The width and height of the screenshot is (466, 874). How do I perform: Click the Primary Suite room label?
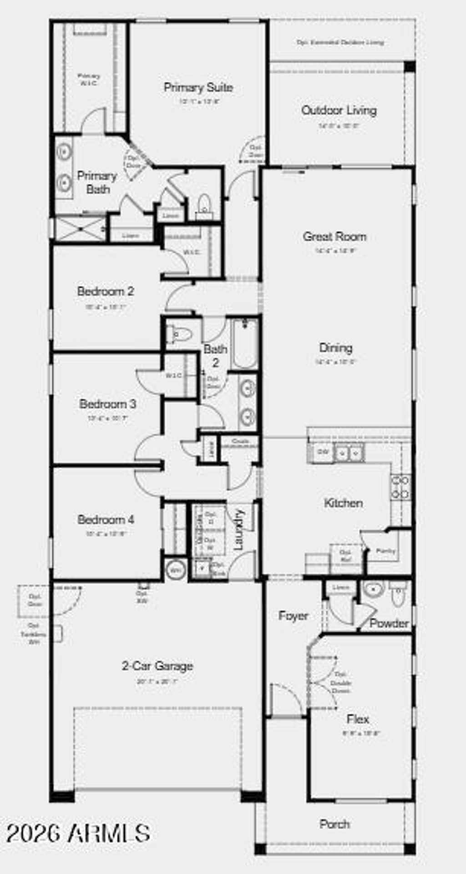198,87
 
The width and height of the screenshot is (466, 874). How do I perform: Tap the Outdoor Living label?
339,111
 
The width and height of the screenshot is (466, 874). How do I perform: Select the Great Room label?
334,237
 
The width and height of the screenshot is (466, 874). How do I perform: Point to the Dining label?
336,348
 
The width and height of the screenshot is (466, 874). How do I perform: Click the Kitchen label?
343,503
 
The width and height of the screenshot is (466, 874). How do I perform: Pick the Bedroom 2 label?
106,292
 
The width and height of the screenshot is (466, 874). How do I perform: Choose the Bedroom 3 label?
107,404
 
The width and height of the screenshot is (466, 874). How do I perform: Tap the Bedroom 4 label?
106,520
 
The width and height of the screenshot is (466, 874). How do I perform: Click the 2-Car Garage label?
157,666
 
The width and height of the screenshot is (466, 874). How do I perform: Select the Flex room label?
358,719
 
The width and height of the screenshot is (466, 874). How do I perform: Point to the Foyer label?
293,616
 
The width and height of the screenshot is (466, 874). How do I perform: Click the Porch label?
334,824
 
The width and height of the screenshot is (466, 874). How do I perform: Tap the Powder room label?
389,623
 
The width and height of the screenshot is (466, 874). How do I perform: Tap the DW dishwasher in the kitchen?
323,452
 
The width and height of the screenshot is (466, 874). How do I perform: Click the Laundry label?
238,530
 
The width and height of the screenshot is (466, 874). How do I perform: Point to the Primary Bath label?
97,182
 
